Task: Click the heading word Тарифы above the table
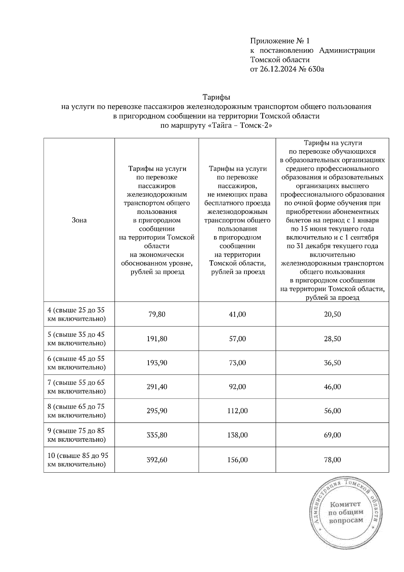point(216,97)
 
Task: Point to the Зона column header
point(79,220)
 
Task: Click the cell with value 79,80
point(157,314)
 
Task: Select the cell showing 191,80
point(157,339)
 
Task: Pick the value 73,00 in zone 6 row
point(237,363)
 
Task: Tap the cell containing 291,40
point(157,387)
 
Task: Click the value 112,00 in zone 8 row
point(237,411)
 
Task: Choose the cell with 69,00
point(332,435)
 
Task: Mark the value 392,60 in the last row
point(157,459)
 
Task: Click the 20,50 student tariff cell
point(332,314)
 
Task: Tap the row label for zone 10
point(78,459)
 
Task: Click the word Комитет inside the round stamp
point(345,504)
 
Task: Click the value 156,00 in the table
point(237,459)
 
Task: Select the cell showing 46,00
point(332,387)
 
